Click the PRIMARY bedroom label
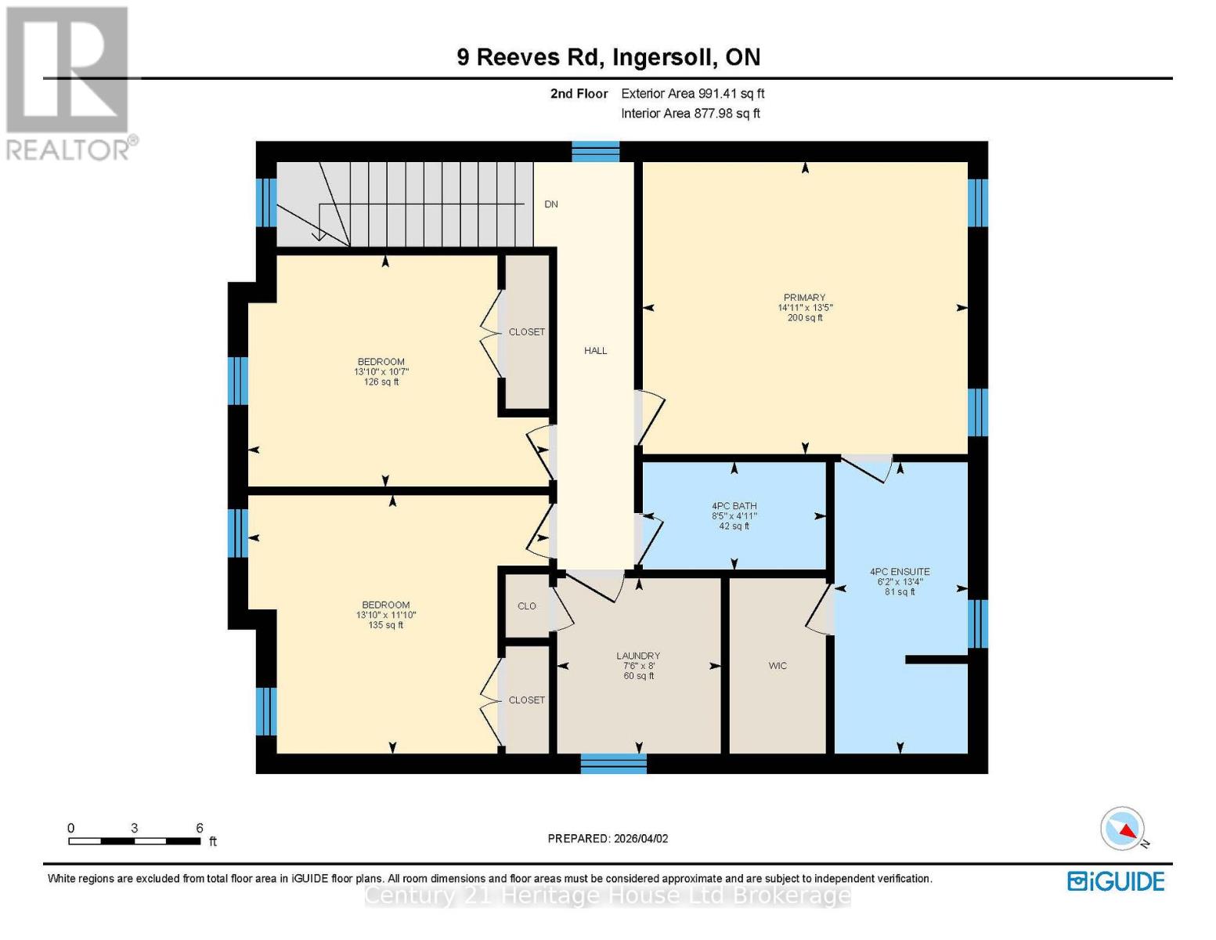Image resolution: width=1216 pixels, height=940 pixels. point(804,298)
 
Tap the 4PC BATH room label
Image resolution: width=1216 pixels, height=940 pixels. point(734,506)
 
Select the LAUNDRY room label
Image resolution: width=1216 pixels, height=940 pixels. point(638,656)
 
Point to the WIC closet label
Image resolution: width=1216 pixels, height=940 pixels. point(778,666)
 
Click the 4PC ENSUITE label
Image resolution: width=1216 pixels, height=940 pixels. point(900,572)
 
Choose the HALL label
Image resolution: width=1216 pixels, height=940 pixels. point(595,351)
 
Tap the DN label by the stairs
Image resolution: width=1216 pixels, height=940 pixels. point(551,204)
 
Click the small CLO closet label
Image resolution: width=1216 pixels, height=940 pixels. point(527,606)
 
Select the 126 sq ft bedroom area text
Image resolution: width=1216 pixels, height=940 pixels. point(381,382)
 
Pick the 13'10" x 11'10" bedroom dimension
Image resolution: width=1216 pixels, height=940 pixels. point(385,616)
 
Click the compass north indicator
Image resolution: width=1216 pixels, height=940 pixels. point(1124,829)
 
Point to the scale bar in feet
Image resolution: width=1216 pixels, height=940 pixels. point(134,841)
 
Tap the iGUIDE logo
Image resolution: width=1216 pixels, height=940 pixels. point(1116,881)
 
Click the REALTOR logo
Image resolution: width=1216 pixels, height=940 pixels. point(69,82)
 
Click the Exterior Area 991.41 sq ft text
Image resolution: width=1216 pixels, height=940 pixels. point(692,93)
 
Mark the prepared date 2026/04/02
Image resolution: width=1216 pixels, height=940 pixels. point(608,838)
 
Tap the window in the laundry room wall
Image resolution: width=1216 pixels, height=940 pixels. point(613,763)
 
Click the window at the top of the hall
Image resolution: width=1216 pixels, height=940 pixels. point(595,151)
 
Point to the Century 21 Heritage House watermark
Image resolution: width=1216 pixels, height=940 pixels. point(608,895)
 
